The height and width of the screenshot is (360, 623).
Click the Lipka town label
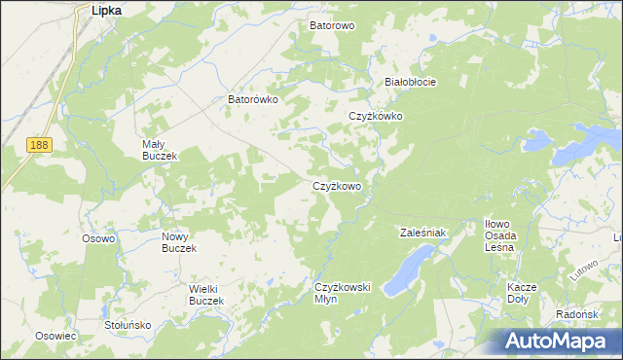tap(105, 10)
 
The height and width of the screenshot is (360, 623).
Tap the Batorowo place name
tap(332, 25)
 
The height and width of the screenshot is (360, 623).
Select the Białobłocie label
tap(410, 82)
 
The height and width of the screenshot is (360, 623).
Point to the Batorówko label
tap(253, 99)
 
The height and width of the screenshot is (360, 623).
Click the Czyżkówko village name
tap(376, 116)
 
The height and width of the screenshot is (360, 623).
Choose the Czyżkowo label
tap(337, 186)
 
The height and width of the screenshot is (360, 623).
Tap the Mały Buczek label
tap(157, 150)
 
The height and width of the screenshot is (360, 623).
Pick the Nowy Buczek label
tap(179, 242)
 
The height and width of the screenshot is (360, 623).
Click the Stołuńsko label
tap(128, 325)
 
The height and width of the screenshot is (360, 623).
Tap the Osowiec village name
tap(55, 336)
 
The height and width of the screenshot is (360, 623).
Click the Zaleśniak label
tap(422, 233)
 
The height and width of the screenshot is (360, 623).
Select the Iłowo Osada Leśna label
tap(504, 235)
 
